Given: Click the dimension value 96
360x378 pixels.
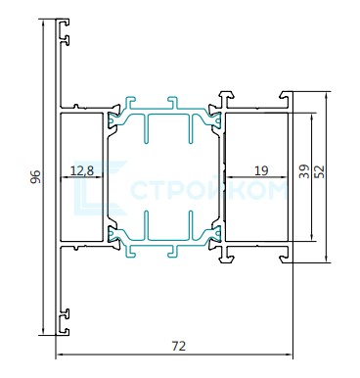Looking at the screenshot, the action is (36, 176).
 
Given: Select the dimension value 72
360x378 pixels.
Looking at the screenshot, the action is (178, 346).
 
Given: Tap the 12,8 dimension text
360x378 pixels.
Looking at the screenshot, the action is (82, 170).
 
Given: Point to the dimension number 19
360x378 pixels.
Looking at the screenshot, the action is (261, 170).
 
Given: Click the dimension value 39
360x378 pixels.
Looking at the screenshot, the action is (304, 171).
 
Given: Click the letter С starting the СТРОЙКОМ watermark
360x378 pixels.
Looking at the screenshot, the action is (140, 190).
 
